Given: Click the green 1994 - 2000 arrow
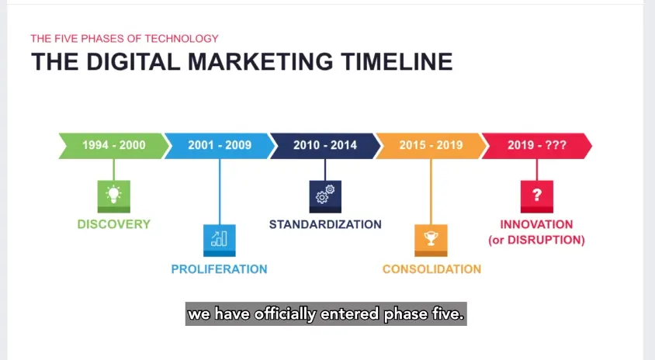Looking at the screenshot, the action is point(114,146).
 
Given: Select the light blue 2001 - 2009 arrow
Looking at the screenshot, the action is point(220,146).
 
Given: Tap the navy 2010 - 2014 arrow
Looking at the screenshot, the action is point(325,146).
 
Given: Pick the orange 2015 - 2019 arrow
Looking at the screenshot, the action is point(431,146).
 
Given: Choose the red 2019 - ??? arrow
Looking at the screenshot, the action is point(537,146).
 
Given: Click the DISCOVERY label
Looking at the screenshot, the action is point(113,224).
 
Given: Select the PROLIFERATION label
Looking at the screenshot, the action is point(220,269).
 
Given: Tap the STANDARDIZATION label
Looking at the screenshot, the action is point(325,224).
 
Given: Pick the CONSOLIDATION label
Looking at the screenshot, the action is point(431,269).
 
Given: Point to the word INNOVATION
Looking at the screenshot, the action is point(536,224).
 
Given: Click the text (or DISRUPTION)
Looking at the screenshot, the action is point(536,241).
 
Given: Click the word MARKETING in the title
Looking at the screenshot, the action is point(260,62).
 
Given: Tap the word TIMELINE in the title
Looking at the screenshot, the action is point(397,62).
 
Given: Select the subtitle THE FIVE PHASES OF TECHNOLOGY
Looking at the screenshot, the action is point(124,39).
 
